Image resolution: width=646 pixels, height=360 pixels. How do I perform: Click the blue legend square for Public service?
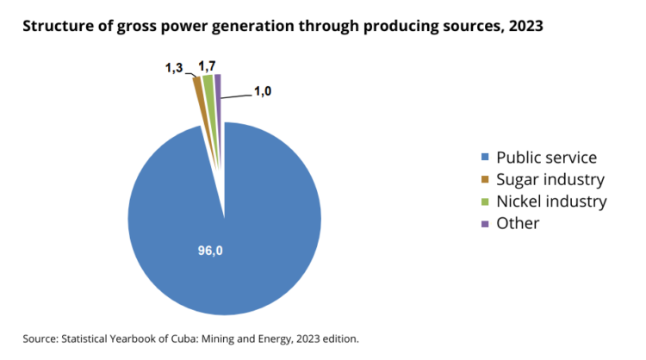[x=485, y=158]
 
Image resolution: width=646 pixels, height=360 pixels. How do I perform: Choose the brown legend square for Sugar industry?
[x=485, y=180]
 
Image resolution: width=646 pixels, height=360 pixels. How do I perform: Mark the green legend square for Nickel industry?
[x=485, y=202]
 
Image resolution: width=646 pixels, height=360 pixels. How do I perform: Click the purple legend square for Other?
[x=485, y=224]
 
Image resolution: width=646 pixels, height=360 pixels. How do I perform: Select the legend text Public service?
[x=547, y=158]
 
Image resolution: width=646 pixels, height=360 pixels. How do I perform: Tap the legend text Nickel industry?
[x=552, y=202]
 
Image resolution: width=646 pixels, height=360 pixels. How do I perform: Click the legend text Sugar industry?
[x=550, y=180]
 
